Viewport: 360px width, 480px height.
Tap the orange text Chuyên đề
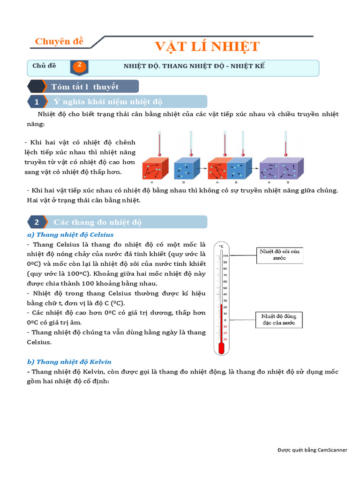(x=59, y=41)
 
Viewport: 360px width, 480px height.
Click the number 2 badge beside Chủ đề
(x=79, y=66)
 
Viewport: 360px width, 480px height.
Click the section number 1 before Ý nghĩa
(x=37, y=102)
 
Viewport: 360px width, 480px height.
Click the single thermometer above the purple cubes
(x=286, y=143)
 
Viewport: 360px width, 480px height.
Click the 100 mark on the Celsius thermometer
(x=225, y=255)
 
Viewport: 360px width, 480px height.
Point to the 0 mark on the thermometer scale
(x=225, y=319)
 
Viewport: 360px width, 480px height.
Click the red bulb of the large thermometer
(x=221, y=348)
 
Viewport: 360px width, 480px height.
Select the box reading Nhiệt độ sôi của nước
(x=279, y=255)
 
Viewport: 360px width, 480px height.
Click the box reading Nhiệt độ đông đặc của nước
(x=279, y=320)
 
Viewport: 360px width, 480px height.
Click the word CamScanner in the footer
(x=332, y=450)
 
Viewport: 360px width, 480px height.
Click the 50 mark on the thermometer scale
(x=225, y=287)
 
